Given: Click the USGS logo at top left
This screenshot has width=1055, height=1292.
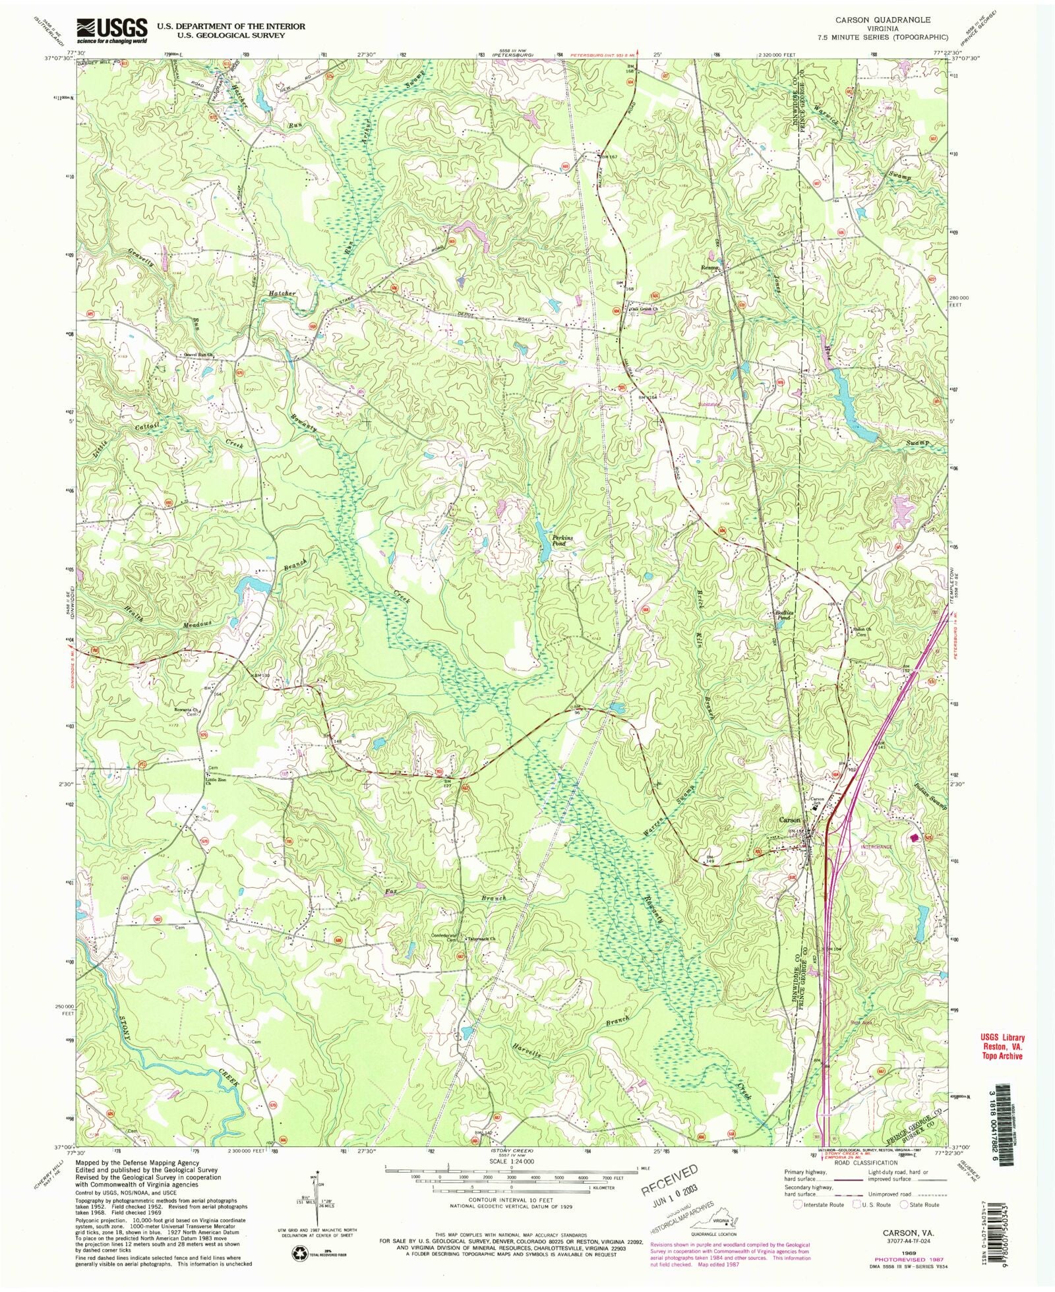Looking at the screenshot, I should click(112, 30).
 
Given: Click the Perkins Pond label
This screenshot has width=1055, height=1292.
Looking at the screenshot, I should click(562, 541).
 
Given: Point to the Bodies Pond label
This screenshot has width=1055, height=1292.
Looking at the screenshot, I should click(782, 615).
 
